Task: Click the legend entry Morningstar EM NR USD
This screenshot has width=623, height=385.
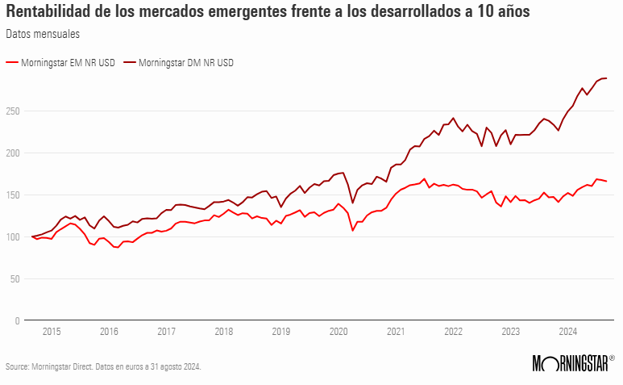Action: click(x=67, y=62)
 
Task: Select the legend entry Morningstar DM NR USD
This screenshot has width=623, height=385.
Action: click(x=185, y=62)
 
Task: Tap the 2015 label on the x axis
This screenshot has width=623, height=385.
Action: click(x=52, y=332)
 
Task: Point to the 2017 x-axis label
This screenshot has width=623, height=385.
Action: click(x=166, y=332)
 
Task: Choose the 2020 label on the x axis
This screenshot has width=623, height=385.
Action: click(x=338, y=332)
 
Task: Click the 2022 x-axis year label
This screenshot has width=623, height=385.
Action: click(x=453, y=332)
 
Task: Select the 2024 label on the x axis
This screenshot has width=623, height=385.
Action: click(x=567, y=332)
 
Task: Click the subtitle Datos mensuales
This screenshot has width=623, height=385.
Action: click(x=42, y=34)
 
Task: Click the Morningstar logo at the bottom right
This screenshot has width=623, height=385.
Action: click(x=573, y=363)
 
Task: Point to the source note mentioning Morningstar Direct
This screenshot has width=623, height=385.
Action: click(x=103, y=366)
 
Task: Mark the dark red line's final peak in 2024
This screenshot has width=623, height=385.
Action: click(x=605, y=78)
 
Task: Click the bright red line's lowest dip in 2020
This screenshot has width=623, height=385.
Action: click(x=353, y=231)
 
